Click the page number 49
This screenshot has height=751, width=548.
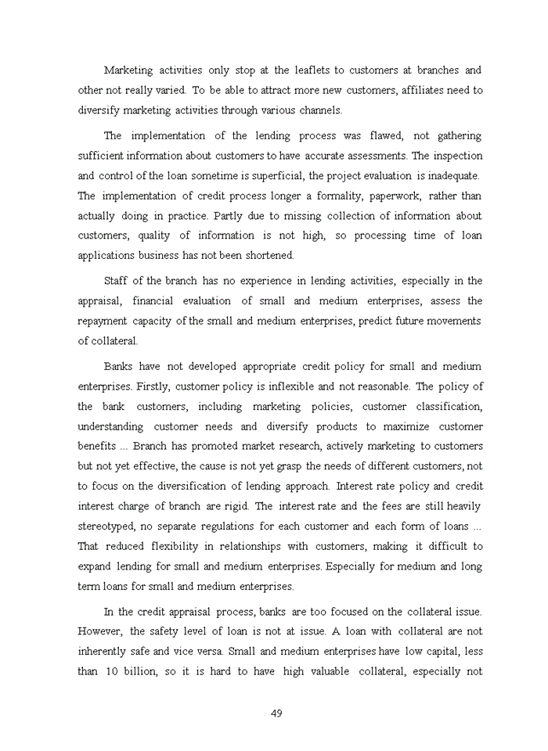coord(276,713)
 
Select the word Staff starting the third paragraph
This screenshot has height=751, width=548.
coord(118,281)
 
